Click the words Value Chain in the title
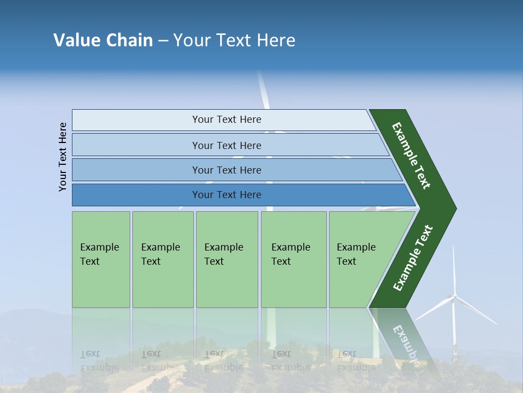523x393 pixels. tap(103, 40)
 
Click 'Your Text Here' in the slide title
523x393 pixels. tap(234, 40)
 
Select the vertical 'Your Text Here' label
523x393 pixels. tap(63, 157)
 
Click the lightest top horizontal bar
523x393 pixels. tap(226, 120)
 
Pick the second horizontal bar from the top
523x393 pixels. tap(226, 145)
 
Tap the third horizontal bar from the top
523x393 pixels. tap(226, 170)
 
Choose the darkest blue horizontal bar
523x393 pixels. tap(226, 195)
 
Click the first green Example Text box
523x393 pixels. tap(101, 259)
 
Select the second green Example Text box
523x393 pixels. tap(162, 259)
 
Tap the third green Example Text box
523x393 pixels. tap(227, 259)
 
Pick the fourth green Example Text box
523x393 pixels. tap(294, 259)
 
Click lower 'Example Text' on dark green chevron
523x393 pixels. tap(413, 258)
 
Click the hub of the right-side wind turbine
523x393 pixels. tap(453, 297)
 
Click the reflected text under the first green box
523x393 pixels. tap(100, 361)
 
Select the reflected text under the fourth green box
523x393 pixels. tap(291, 361)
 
